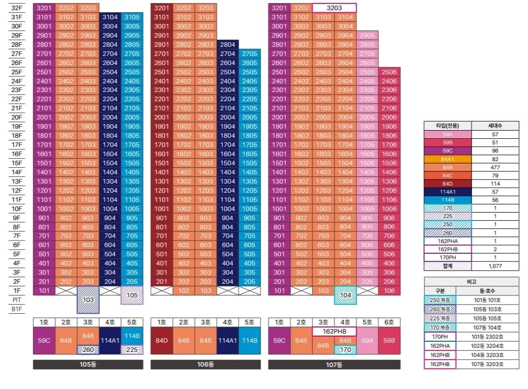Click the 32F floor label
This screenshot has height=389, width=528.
[x=16, y=8]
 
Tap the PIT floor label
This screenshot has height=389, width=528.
[x=16, y=300]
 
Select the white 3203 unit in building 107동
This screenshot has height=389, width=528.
[x=334, y=8]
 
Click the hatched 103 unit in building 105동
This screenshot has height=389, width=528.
[x=88, y=300]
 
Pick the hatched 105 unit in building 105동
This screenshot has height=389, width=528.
[x=132, y=295]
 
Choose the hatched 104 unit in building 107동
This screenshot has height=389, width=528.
[x=345, y=295]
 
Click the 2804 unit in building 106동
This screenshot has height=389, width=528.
[x=228, y=44]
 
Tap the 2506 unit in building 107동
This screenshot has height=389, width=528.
[x=389, y=72]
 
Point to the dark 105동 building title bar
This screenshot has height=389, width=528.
[x=88, y=365]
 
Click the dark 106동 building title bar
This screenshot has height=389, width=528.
[x=206, y=365]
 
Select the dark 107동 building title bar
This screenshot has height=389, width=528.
[x=334, y=365]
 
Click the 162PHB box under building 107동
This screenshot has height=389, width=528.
[x=334, y=332]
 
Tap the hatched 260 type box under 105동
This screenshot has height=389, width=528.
[x=88, y=350]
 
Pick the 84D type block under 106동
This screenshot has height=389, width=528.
[x=162, y=341]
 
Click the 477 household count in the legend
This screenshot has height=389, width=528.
[x=495, y=167]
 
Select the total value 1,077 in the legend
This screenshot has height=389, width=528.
[x=495, y=266]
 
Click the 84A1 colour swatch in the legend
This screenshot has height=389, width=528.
[x=448, y=159]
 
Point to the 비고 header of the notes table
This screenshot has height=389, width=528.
[x=472, y=282]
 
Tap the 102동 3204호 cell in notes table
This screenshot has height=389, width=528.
[x=487, y=346]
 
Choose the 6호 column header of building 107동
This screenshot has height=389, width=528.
[x=389, y=322]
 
